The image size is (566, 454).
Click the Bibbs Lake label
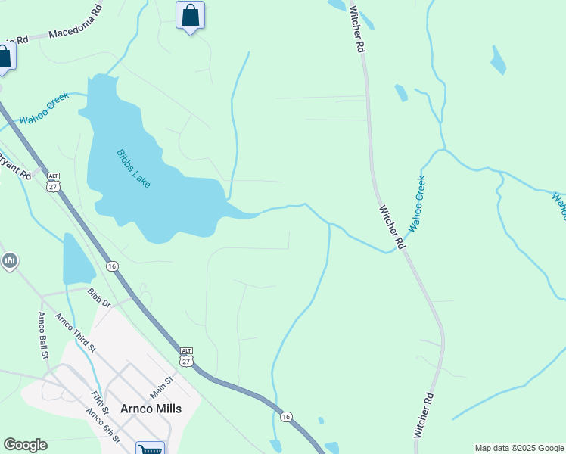[133, 169]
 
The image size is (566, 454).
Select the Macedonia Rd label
[75, 23]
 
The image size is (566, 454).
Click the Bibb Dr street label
[98, 297]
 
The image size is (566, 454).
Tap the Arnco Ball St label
[44, 334]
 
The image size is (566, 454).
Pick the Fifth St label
[100, 403]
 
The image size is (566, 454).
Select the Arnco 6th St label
[104, 426]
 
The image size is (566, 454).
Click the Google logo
[25, 445]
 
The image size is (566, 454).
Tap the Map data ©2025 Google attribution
[519, 448]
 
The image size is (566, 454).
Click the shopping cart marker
[150, 449]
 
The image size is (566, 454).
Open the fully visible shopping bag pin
[190, 15]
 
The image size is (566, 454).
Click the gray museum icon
[9, 262]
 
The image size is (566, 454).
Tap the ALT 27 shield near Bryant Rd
[53, 182]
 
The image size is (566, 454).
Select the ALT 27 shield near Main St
[186, 356]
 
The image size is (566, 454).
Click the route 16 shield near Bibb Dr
[112, 266]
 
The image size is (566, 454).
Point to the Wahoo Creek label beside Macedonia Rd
[44, 108]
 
